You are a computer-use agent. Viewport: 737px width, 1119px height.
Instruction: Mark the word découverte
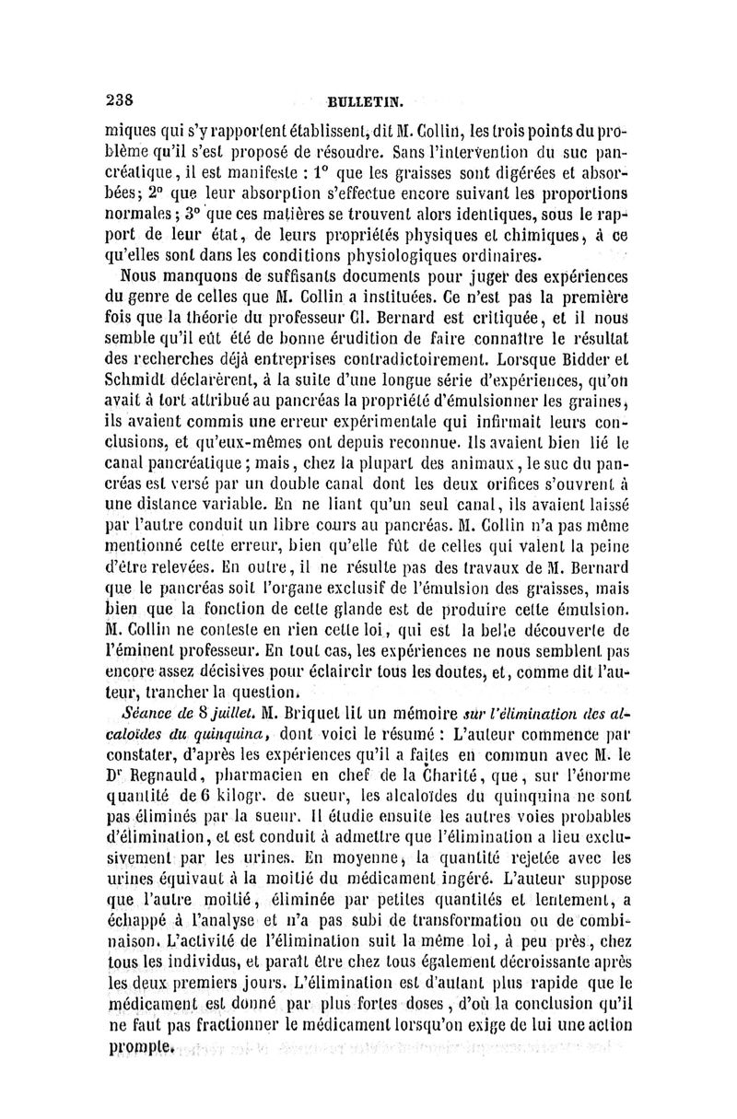(579, 629)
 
